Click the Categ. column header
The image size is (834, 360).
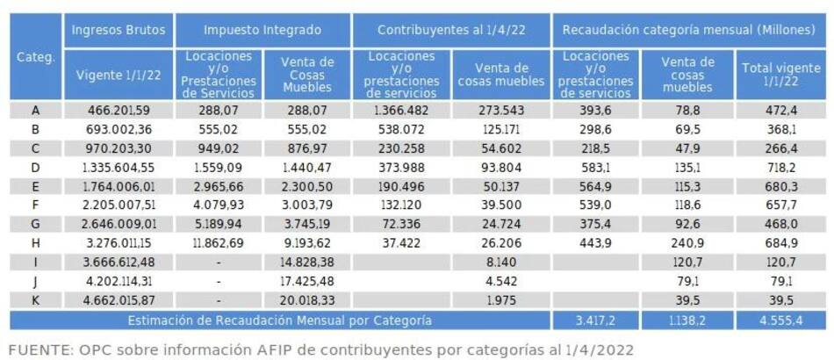point(36,58)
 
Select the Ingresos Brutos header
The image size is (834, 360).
point(118,30)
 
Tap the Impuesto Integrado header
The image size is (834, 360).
point(262,30)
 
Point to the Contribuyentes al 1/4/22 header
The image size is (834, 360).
point(450,30)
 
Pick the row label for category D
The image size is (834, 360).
point(36,167)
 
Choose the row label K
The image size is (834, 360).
point(36,300)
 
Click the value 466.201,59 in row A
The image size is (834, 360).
point(118,111)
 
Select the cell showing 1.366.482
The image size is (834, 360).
point(399,111)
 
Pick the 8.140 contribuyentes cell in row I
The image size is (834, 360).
point(500,263)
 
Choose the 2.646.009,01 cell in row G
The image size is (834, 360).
point(118,225)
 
